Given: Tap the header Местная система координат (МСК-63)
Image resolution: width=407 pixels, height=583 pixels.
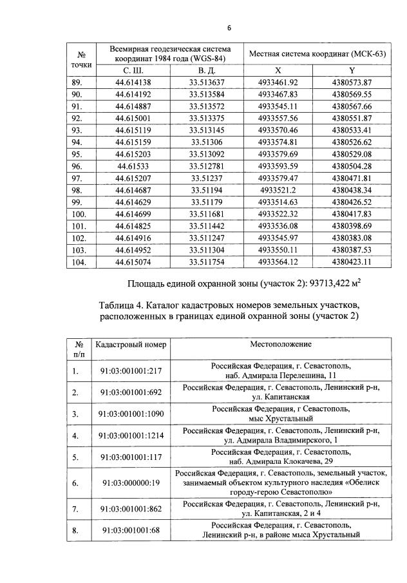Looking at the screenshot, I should click(x=317, y=53).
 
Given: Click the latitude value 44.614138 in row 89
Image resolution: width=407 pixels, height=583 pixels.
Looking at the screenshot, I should click(x=133, y=82).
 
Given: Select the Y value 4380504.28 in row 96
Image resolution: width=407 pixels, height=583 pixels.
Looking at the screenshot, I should click(x=352, y=165).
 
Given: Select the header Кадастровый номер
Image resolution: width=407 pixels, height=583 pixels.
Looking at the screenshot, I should click(x=131, y=345).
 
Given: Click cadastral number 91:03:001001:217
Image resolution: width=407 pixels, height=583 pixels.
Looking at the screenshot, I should click(x=131, y=371).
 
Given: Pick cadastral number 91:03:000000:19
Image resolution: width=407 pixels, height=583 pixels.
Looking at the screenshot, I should click(x=131, y=481).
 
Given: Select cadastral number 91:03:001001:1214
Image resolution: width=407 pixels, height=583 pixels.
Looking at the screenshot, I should click(x=131, y=435).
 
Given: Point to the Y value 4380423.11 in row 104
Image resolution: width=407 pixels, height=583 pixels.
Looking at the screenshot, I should click(x=352, y=262).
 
